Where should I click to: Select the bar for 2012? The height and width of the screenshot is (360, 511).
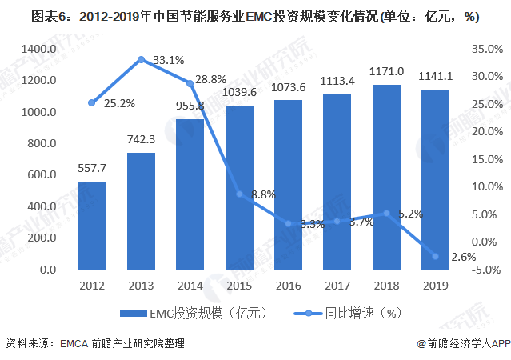[x=91, y=226]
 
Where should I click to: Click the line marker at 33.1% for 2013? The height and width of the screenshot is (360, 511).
[x=141, y=59]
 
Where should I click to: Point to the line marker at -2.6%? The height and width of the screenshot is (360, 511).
[x=436, y=256]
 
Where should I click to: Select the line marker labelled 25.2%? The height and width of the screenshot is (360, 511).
[x=91, y=102]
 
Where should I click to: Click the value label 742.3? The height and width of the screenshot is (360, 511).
[x=140, y=138]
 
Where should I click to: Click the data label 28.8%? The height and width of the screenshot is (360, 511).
[x=212, y=80]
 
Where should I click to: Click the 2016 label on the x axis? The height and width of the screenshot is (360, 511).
[x=288, y=285]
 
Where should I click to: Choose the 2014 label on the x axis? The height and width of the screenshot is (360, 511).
[x=190, y=285]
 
